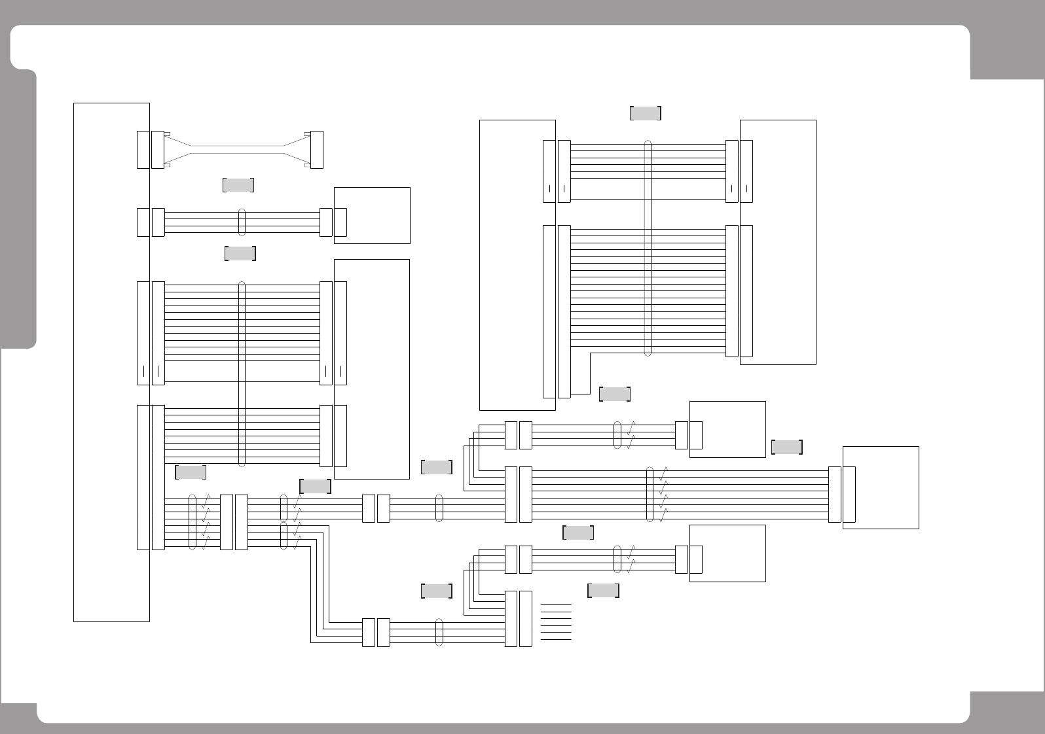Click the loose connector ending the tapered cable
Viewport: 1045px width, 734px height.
(317, 150)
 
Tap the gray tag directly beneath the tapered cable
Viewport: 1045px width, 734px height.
(238, 185)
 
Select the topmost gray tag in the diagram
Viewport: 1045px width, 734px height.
(645, 113)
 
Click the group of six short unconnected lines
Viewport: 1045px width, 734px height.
(556, 622)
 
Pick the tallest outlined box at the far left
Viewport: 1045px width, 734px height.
(111, 362)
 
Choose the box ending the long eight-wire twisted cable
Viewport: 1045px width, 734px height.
(881, 487)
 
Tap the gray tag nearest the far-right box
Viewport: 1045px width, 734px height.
(786, 447)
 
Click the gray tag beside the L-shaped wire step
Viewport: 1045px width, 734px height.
(614, 394)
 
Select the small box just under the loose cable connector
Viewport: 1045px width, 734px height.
(372, 215)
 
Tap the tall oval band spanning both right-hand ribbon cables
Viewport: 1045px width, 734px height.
(648, 249)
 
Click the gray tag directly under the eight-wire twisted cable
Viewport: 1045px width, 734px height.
(577, 533)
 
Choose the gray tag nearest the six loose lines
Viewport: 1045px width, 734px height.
(603, 591)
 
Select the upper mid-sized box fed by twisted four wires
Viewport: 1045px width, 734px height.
(727, 429)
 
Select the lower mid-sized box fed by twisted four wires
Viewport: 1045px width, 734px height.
(727, 553)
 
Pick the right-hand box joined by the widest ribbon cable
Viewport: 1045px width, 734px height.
(778, 242)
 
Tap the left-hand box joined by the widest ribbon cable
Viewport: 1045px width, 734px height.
(517, 265)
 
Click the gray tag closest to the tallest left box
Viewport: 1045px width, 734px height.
(191, 472)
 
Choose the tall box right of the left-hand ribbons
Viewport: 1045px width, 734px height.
(372, 369)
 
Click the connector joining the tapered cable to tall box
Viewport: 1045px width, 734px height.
(158, 150)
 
